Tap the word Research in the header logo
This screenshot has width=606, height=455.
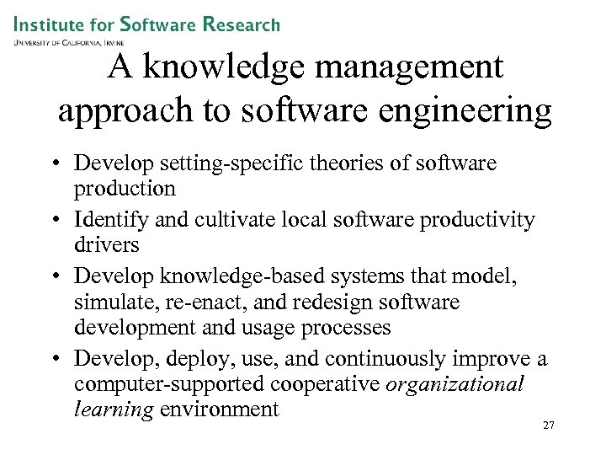242,25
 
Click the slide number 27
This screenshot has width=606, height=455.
548,426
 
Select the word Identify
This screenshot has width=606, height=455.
109,220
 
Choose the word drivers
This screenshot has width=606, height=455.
106,244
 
